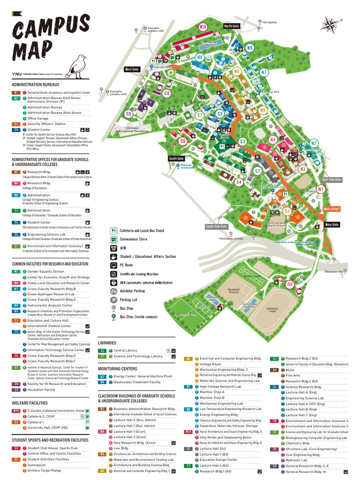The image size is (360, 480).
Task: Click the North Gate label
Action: pos(232,26)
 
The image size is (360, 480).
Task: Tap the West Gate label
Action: pos(132,69)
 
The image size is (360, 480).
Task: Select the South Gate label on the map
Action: pos(176,158)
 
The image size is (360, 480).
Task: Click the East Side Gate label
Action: pos(331,180)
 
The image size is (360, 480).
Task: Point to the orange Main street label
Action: pos(331,209)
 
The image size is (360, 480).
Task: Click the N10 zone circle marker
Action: pos(203,27)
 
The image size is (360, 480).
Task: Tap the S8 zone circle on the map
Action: pos(167,93)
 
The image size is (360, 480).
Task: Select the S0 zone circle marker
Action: pos(290,285)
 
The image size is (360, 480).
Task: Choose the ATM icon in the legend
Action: pos(113,248)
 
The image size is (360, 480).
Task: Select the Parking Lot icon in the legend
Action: pos(113,300)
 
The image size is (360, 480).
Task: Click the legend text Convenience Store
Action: pos(133,239)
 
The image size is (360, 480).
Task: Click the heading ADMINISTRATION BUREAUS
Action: pos(36,85)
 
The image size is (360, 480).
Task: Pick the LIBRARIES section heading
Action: pos(107,343)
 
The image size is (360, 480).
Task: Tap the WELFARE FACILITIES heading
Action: pos(30,403)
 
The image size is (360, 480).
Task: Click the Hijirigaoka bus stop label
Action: pos(269,22)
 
